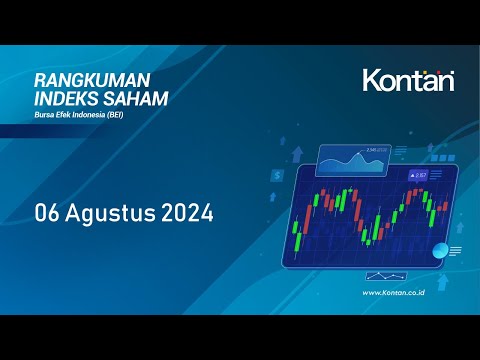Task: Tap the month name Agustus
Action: pos(115,212)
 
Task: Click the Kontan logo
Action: pos(407,80)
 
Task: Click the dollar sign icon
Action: pos(276,173)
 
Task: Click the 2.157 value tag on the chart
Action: pos(418,175)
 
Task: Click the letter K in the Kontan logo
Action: pos(371,80)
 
